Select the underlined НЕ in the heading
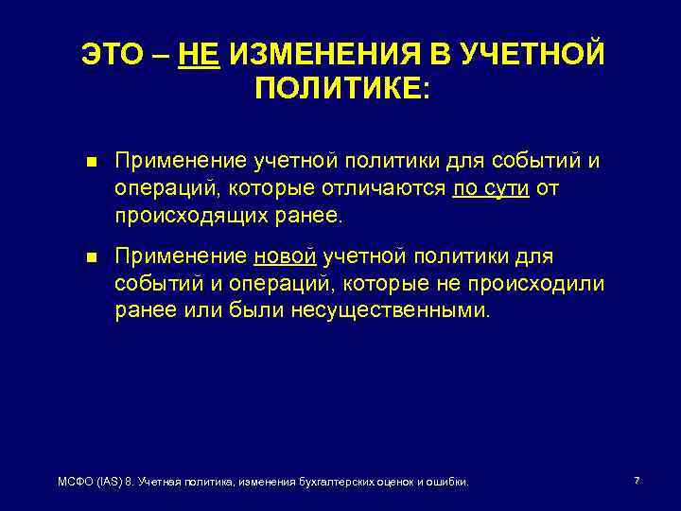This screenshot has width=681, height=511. (200, 55)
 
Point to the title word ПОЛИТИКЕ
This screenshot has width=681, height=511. (341, 91)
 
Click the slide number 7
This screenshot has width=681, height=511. (637, 482)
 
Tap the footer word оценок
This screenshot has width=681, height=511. (398, 483)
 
